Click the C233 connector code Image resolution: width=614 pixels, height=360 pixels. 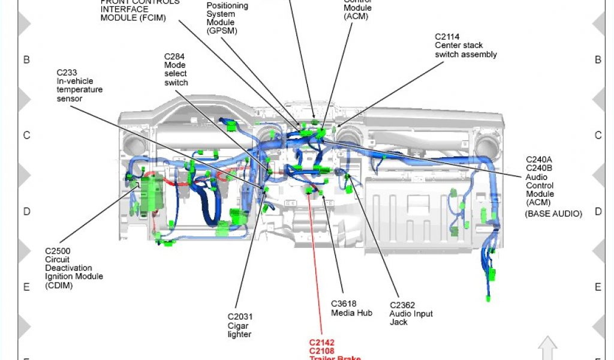[67, 73]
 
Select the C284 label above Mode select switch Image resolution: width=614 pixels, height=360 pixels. [174, 56]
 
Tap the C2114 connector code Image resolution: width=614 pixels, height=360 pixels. [447, 37]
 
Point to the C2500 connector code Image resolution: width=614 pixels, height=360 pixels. [58, 251]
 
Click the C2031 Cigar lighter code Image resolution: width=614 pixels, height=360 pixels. [239, 317]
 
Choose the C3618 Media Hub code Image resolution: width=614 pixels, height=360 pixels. [344, 304]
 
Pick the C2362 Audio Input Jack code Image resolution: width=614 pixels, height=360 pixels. [402, 305]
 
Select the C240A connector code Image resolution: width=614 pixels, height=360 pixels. [539, 160]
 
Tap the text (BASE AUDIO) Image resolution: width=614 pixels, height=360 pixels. [553, 214]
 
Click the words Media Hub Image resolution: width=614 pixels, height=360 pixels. [351, 313]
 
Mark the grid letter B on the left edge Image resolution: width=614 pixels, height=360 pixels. [26, 59]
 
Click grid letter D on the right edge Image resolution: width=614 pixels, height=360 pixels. [598, 211]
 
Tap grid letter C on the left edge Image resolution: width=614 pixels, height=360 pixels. [26, 135]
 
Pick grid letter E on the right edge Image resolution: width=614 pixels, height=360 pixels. [598, 287]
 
